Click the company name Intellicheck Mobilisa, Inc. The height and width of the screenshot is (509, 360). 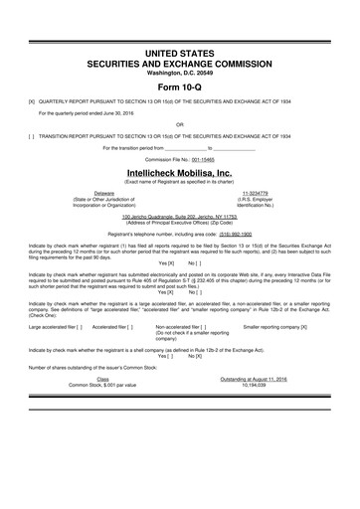pyautogui.click(x=179, y=171)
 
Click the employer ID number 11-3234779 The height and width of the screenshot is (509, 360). pyautogui.click(x=255, y=193)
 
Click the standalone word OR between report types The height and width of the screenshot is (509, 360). pyautogui.click(x=179, y=125)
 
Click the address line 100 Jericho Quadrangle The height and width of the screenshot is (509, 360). pyautogui.click(x=179, y=216)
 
